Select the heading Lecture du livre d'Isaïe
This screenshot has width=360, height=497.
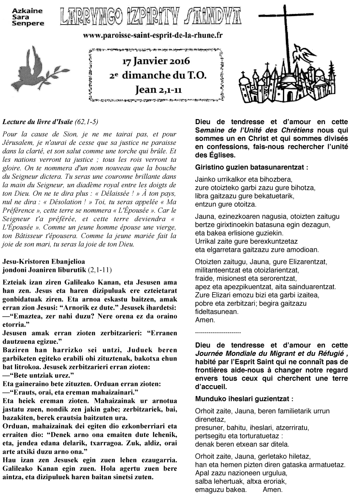pyautogui.click(x=50, y=122)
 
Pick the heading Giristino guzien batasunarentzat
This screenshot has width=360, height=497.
pyautogui.click(x=252, y=167)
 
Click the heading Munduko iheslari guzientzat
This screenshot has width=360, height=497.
pyautogui.click(x=244, y=399)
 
